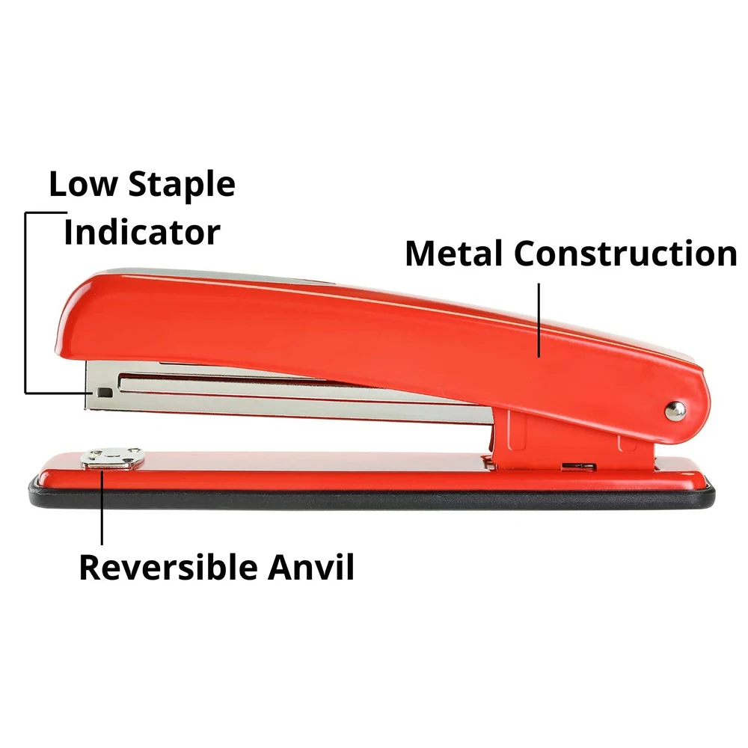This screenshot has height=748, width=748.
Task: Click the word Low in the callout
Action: [x=82, y=184]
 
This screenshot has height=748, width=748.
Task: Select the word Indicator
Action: [x=141, y=232]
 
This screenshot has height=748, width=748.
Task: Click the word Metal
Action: [x=453, y=254]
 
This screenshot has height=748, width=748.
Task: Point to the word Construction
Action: [x=625, y=254]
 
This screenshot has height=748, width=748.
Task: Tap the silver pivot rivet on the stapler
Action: [x=675, y=409]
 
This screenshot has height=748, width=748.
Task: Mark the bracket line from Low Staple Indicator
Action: [x=26, y=299]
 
